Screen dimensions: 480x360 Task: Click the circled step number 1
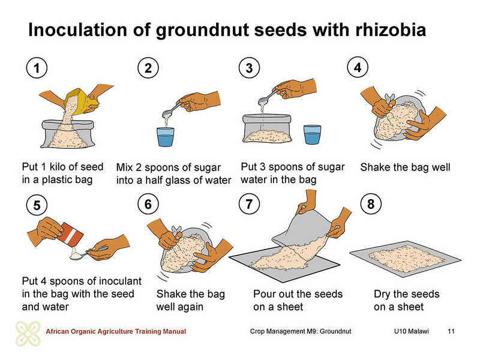[37, 68]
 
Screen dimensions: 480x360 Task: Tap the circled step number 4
[358, 67]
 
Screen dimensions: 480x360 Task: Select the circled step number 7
[249, 204]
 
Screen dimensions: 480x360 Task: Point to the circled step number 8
[371, 204]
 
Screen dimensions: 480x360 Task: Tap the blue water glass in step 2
[166, 137]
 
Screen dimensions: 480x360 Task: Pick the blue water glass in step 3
[312, 134]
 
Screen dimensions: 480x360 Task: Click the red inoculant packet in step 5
[71, 235]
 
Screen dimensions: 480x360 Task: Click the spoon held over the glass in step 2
[175, 109]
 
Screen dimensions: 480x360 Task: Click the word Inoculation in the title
[77, 30]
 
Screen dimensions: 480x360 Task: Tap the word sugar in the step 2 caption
[206, 168]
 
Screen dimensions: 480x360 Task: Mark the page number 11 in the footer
[451, 331]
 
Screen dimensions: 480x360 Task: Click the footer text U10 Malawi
[412, 331]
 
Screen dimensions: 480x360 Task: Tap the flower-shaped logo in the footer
[28, 334]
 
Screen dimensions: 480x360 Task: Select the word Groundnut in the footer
[335, 331]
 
